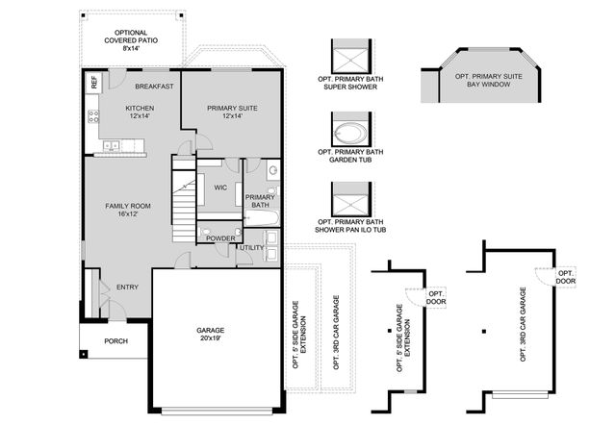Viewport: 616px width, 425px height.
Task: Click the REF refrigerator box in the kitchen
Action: pos(94,83)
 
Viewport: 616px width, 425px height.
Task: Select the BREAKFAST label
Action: pos(154,87)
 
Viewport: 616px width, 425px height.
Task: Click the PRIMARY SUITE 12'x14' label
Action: pos(232,111)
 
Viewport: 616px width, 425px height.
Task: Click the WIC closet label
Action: pos(220,187)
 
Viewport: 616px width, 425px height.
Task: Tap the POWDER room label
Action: pos(220,237)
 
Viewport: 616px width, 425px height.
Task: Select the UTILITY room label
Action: pos(252,247)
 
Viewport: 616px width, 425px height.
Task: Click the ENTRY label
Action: pos(127,287)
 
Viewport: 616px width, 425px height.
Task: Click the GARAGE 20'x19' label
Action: pos(211,333)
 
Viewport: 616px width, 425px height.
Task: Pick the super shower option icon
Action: pos(345,55)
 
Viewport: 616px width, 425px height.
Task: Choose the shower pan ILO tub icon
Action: pos(345,203)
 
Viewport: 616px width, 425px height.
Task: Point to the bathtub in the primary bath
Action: pos(261,218)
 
